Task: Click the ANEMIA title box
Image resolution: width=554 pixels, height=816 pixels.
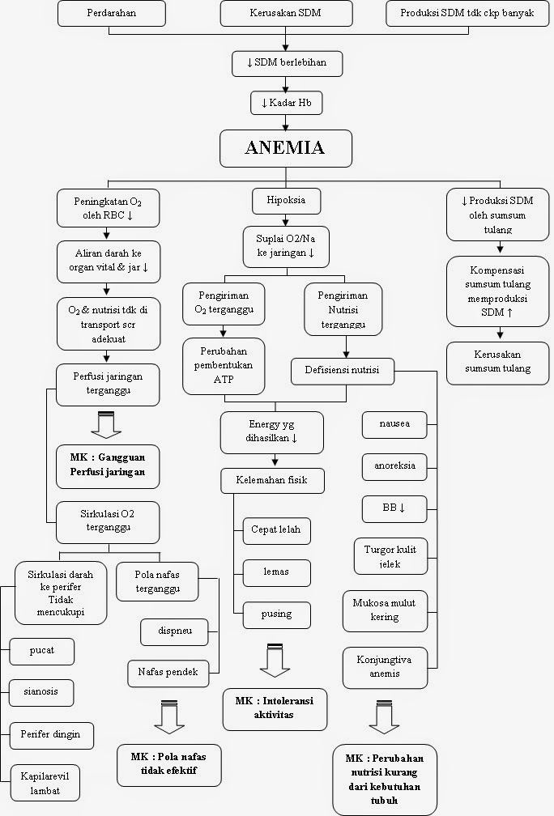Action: tap(284, 148)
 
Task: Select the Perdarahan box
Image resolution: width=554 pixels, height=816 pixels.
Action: tap(112, 14)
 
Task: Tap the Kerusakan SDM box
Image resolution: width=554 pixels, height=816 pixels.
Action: tap(287, 14)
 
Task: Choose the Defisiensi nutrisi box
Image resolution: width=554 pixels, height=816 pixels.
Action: tap(344, 372)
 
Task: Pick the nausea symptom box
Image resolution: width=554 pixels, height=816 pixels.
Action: tap(394, 423)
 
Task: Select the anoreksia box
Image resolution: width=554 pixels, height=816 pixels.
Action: tap(394, 466)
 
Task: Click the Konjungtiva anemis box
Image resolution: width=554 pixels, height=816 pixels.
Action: tap(384, 666)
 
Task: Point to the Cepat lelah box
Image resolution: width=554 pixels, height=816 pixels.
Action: tap(275, 530)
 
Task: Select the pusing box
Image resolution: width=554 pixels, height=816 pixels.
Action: tap(275, 614)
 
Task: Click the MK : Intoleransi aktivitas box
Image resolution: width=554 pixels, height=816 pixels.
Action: tap(275, 708)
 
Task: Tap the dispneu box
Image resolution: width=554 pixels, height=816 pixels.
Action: tap(174, 631)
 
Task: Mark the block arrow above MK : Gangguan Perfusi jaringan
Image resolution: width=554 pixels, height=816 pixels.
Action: tap(108, 423)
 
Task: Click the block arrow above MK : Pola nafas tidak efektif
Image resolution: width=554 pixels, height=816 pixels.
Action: tap(168, 717)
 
